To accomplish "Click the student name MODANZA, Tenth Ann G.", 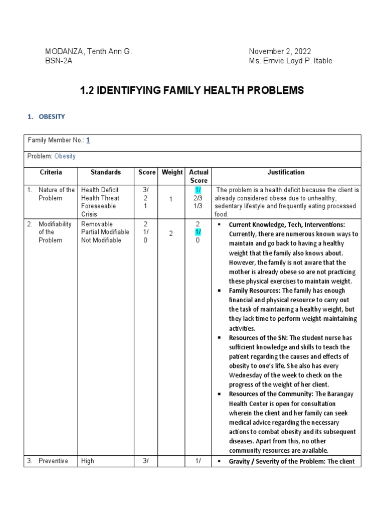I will coord(88,52).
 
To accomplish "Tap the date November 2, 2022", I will coord(280,52).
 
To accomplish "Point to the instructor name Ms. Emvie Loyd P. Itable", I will coord(290,61).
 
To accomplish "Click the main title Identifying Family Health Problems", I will coord(192,90).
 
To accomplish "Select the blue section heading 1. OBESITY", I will coord(46,116).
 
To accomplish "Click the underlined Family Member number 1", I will coord(88,141).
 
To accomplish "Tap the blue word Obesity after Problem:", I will coord(65,156).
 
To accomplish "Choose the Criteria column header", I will coord(51,172).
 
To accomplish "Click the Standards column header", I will coord(105,172).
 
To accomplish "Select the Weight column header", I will coord(172,172).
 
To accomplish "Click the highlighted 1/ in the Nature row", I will coord(198,190).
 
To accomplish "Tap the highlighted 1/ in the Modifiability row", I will coord(198,232).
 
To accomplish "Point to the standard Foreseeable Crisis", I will coord(98,210).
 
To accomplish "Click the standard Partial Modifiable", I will coord(105,232).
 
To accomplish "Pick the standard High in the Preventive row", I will coord(87,461).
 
